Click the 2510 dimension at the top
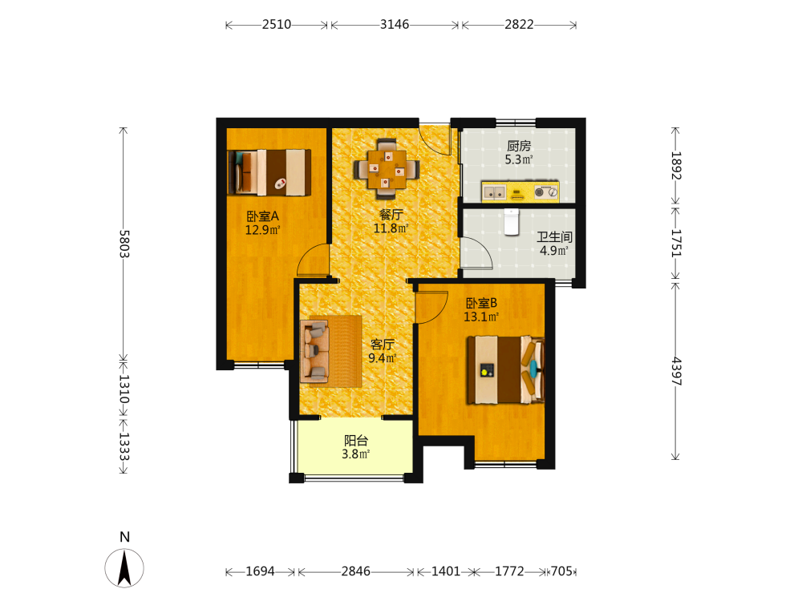[276, 25]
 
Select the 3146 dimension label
[395, 25]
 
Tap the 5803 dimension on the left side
[124, 244]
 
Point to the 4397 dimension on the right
[676, 371]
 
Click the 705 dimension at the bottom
[561, 571]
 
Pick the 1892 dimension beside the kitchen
[676, 166]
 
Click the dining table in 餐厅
[387, 168]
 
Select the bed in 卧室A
[269, 172]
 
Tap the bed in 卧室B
[505, 369]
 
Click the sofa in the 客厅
[314, 351]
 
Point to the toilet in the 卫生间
[512, 222]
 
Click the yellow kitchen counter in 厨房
[520, 192]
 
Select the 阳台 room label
[356, 441]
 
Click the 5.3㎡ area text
[519, 159]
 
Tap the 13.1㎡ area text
[481, 317]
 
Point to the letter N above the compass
[124, 537]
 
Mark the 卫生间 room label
[554, 237]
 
